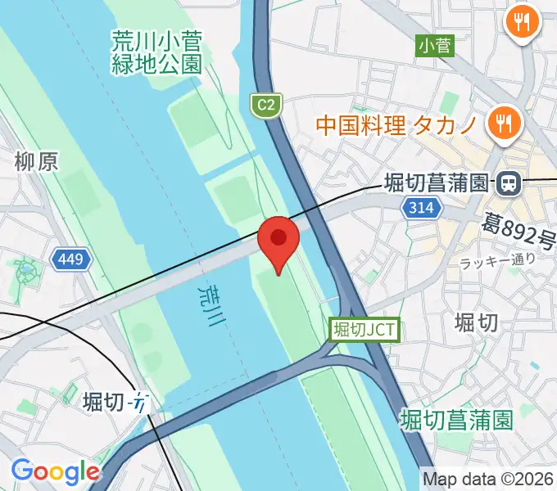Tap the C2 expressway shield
[262, 105]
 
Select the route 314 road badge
[419, 209]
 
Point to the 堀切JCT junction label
[365, 330]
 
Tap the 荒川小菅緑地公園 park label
[156, 52]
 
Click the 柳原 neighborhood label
[36, 162]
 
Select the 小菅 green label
[434, 46]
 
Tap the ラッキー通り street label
[497, 262]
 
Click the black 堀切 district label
[476, 322]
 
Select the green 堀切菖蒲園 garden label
[457, 421]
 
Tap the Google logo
[55, 472]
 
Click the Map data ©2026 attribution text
[487, 478]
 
